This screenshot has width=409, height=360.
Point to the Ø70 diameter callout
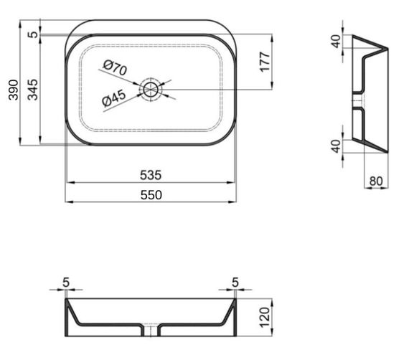point(115,70)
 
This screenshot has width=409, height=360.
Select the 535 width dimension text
point(151,174)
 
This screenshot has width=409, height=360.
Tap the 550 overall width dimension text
point(151,194)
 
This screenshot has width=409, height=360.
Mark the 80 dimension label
point(375,181)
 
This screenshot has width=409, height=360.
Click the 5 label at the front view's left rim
point(66,283)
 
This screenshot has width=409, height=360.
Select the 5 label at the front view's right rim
point(235,283)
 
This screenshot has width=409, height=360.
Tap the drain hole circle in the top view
point(151,90)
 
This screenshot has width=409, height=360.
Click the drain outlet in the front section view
point(151,331)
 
